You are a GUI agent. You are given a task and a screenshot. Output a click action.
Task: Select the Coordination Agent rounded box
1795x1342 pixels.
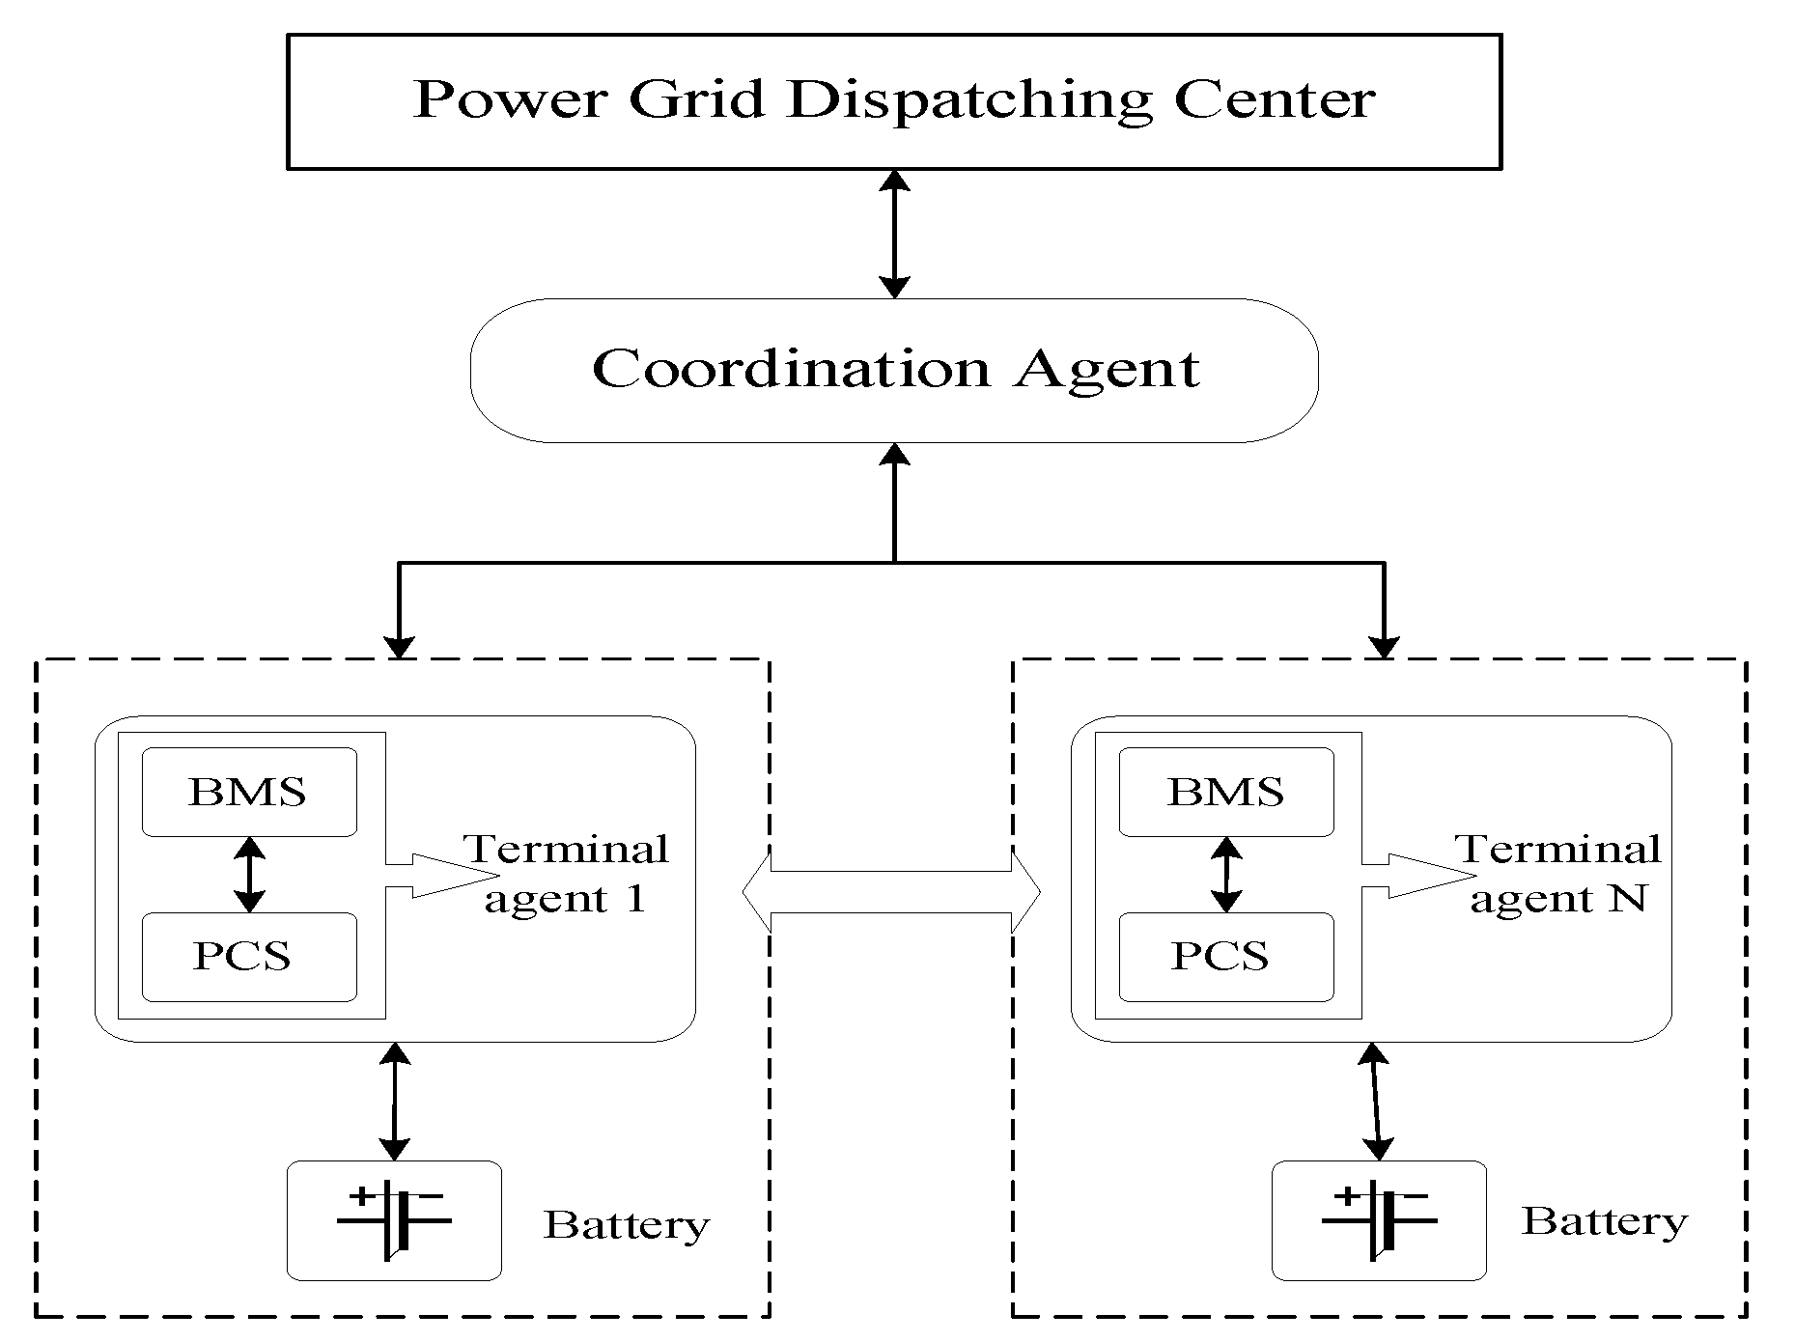point(893,370)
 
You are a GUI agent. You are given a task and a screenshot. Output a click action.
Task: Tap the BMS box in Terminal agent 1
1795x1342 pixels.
point(249,792)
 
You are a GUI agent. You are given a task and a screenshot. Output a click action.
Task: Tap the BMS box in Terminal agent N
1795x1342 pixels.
point(1226,792)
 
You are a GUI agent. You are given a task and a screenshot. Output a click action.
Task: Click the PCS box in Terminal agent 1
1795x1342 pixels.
point(249,957)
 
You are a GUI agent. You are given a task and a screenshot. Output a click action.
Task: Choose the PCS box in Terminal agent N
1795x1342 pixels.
point(1226,957)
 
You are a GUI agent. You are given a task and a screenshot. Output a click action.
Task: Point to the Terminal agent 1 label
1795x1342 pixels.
point(568,874)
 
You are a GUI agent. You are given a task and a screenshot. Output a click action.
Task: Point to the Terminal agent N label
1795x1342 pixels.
point(1558,874)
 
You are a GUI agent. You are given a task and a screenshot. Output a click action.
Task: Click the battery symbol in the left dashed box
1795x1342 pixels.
point(394,1220)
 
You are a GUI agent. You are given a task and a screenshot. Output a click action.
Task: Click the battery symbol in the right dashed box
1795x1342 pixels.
point(1379,1220)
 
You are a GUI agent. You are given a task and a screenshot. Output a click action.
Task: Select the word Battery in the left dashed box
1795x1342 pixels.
point(627,1224)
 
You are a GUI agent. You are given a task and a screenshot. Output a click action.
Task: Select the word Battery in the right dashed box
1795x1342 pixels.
point(1605,1220)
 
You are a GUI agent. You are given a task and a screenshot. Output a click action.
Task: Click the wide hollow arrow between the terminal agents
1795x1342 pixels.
point(891,892)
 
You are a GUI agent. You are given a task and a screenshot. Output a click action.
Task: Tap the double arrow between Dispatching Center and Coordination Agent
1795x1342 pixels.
point(895,234)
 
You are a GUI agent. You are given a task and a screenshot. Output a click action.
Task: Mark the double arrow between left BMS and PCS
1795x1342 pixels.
point(249,875)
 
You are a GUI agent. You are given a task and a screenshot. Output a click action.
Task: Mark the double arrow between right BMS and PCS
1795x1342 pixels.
point(1226,875)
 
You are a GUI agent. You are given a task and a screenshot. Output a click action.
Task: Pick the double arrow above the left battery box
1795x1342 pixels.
point(395,1101)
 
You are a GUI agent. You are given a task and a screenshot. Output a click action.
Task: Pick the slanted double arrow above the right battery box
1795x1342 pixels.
point(1375,1101)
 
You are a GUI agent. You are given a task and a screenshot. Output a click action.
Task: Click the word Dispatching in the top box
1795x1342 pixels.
point(969,100)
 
